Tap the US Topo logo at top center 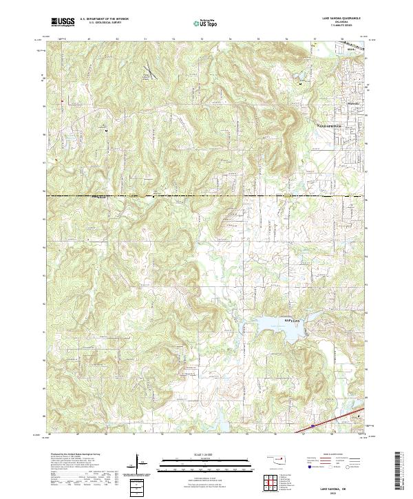pyautogui.click(x=207, y=23)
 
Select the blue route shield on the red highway pyautogui.click(x=313, y=426)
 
